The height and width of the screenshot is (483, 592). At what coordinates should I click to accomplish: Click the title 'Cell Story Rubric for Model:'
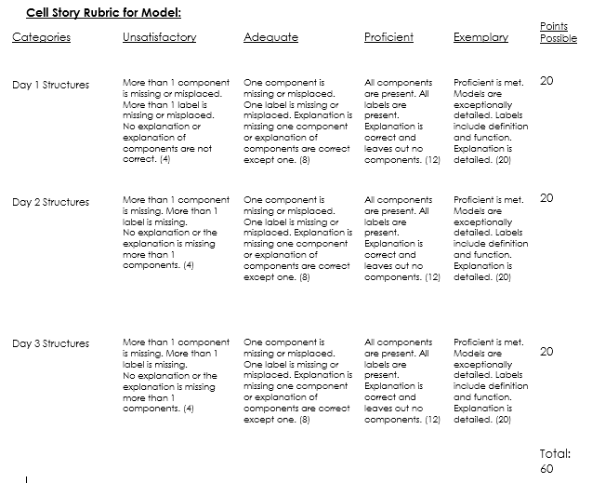click(x=103, y=12)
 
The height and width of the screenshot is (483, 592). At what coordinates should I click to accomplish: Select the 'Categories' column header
click(x=41, y=37)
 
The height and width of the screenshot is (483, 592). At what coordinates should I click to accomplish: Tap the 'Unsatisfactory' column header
click(x=159, y=37)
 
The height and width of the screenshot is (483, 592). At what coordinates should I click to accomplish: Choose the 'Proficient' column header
click(x=388, y=37)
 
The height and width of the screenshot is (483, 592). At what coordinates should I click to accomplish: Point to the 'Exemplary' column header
click(x=480, y=37)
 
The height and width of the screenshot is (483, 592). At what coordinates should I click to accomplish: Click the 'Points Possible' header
click(x=558, y=33)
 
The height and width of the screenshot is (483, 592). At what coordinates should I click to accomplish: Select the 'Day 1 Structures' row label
click(x=50, y=84)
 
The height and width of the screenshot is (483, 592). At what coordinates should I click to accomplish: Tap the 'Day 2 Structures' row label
click(x=50, y=201)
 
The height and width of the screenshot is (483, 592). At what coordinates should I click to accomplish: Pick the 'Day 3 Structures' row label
click(x=50, y=343)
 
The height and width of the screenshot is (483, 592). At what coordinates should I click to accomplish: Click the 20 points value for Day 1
click(x=546, y=81)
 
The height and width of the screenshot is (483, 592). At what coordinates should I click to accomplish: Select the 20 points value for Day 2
click(x=546, y=198)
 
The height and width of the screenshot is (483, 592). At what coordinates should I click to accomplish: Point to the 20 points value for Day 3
click(x=546, y=351)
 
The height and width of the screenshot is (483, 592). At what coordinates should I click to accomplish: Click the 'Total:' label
click(x=555, y=453)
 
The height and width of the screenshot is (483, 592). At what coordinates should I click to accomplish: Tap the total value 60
click(x=546, y=468)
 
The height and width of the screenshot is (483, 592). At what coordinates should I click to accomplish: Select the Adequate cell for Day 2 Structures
click(x=296, y=238)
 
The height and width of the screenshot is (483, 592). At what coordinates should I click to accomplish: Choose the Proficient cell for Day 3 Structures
click(x=401, y=381)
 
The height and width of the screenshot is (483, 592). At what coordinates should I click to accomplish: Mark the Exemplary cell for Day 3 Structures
click(x=490, y=381)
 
